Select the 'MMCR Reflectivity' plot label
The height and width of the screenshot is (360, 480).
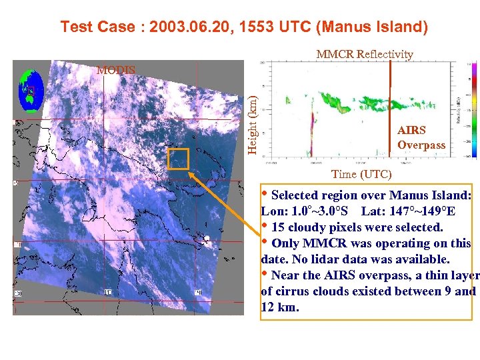coord(365,54)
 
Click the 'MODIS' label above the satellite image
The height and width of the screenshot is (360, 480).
coord(115,69)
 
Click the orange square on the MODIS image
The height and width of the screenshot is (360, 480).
coord(178,159)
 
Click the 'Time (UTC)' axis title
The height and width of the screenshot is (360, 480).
coord(361,174)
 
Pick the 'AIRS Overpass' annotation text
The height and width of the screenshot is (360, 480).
coord(421,137)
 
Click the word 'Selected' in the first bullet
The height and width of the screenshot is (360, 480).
coord(297,196)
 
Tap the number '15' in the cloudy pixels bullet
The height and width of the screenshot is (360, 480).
coord(279,227)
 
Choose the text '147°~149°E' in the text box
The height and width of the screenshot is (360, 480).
coord(423,211)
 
